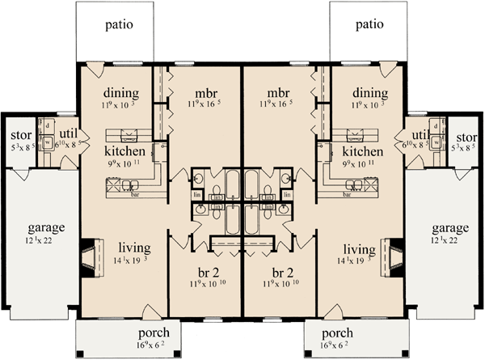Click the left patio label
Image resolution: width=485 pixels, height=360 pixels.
coord(119,24)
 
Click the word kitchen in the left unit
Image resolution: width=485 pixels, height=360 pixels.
coord(124,151)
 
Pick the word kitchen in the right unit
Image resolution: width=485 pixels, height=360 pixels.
coord(362,151)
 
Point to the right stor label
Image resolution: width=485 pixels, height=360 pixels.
coord(466,134)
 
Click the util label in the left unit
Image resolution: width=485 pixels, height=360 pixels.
coord(61,134)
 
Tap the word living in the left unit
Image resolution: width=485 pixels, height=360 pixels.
coord(133,248)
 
